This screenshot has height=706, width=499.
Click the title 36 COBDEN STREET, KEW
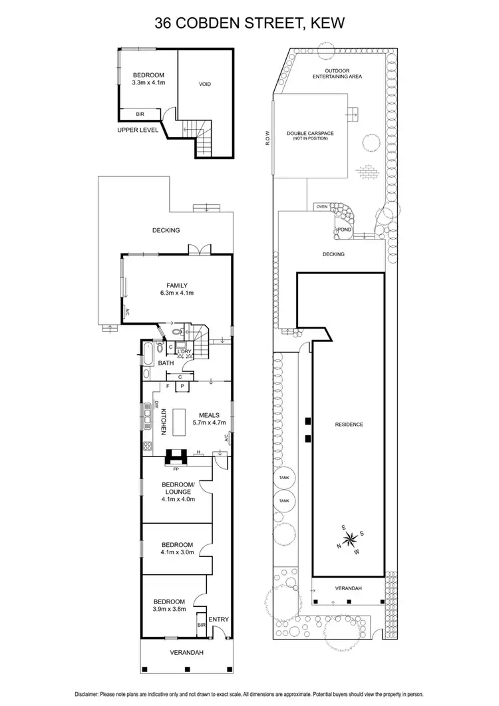pos(249,24)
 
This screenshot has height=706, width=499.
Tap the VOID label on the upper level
pos(205,85)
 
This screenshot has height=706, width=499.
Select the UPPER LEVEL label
pos(138,130)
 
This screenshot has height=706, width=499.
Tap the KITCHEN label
pos(163,422)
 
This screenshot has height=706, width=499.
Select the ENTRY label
pos(219,619)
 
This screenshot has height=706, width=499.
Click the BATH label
pos(166,363)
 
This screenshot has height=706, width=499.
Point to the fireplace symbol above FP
pos(176,456)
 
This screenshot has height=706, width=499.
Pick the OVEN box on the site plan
pos(323,206)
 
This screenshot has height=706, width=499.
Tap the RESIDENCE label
pos(349,424)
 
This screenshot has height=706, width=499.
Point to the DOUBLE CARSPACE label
pos(310,134)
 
